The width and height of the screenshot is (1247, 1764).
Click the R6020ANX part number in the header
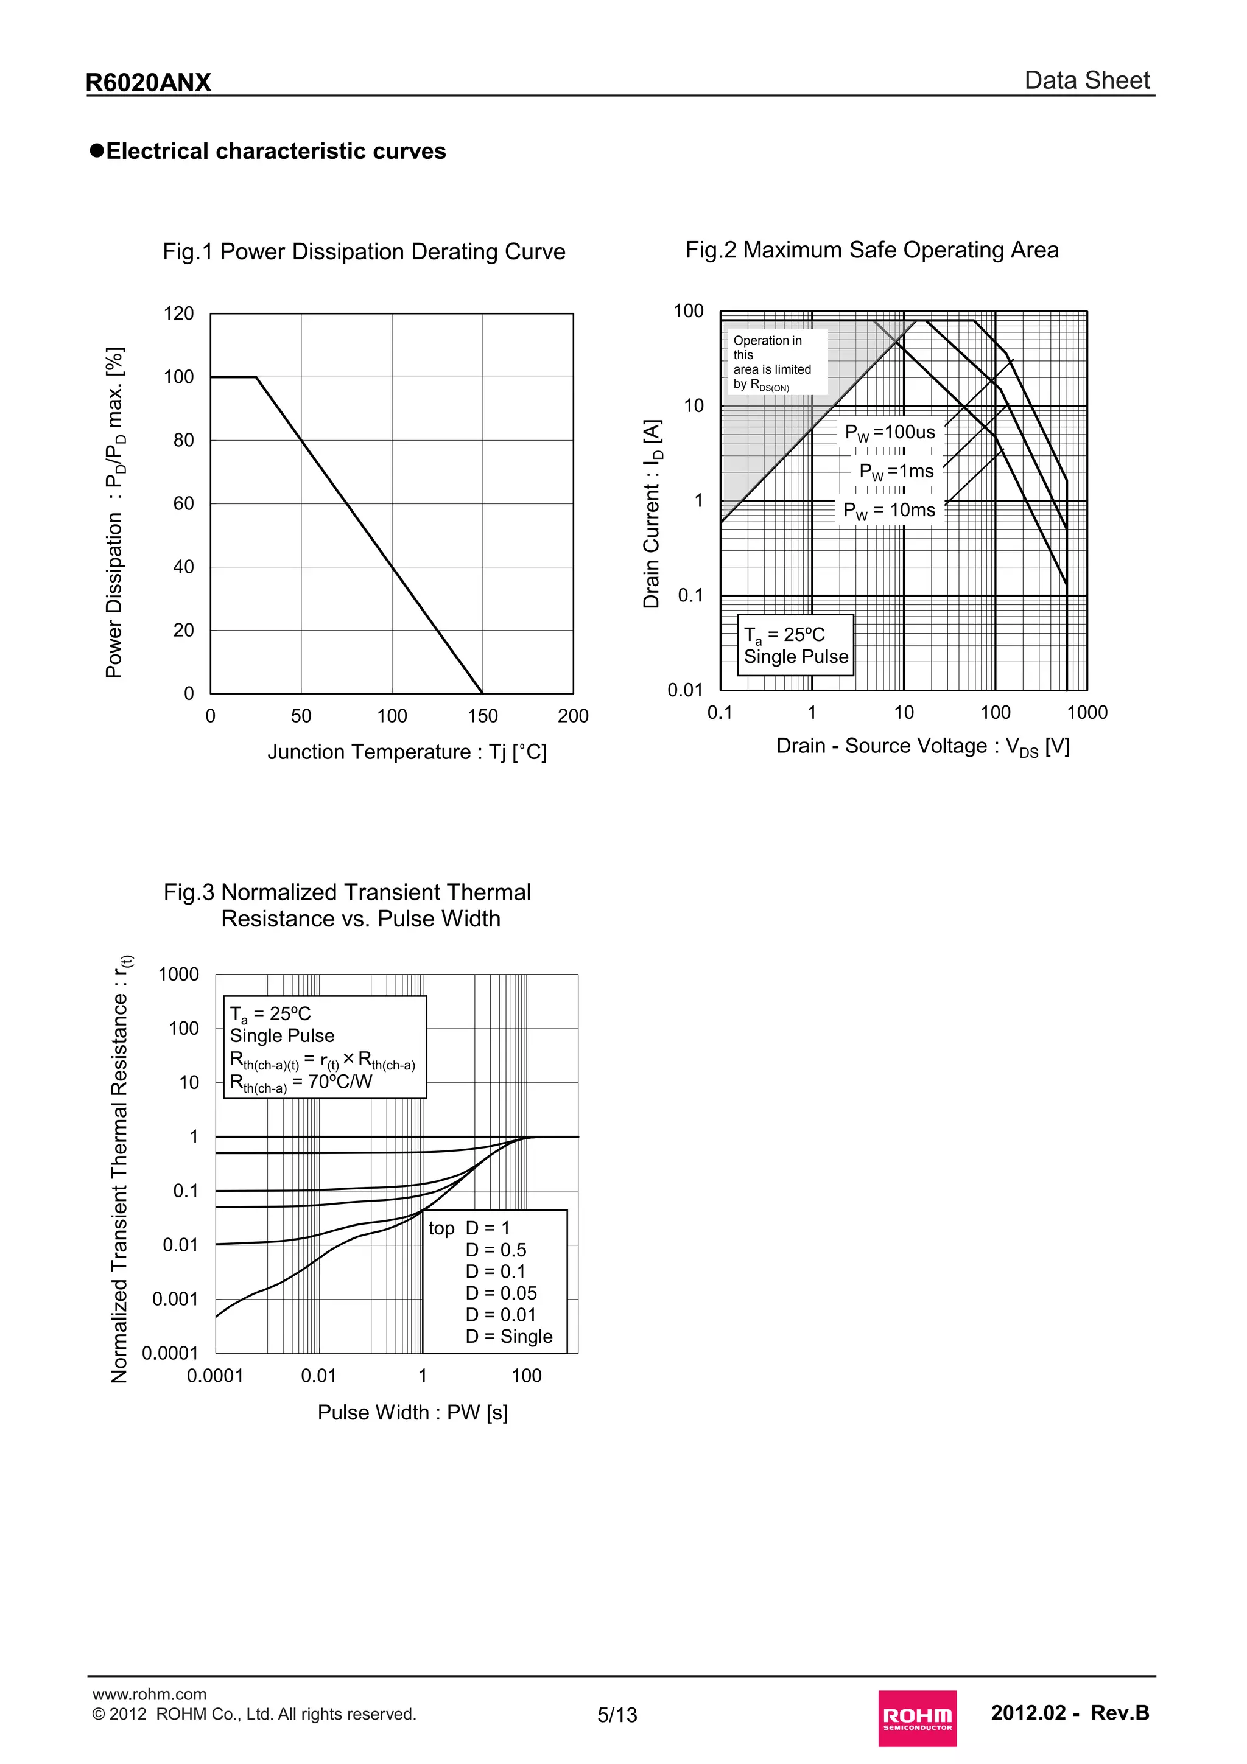(x=149, y=82)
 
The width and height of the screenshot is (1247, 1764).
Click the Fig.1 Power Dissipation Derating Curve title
(x=364, y=251)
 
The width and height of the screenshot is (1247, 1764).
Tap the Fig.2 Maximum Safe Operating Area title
(x=871, y=250)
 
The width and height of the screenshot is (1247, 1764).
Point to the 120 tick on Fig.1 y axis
(x=178, y=313)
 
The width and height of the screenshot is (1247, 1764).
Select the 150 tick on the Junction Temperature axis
(x=482, y=716)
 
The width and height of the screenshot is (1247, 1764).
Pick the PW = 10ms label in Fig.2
(x=889, y=510)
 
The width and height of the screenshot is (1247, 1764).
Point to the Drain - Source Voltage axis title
(x=922, y=746)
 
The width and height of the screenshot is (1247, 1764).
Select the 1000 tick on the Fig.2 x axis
(x=1086, y=713)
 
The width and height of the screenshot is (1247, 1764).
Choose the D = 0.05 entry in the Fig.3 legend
(x=501, y=1293)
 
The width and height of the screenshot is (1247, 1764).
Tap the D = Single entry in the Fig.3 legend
(x=508, y=1336)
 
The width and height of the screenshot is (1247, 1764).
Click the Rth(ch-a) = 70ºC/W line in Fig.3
(x=301, y=1082)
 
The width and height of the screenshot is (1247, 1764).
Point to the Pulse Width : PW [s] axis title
(x=413, y=1412)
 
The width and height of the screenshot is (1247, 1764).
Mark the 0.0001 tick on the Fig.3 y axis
(x=170, y=1353)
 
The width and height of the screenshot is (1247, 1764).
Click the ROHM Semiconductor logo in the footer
(x=918, y=1717)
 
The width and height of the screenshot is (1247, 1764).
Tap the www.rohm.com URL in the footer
(x=149, y=1694)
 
